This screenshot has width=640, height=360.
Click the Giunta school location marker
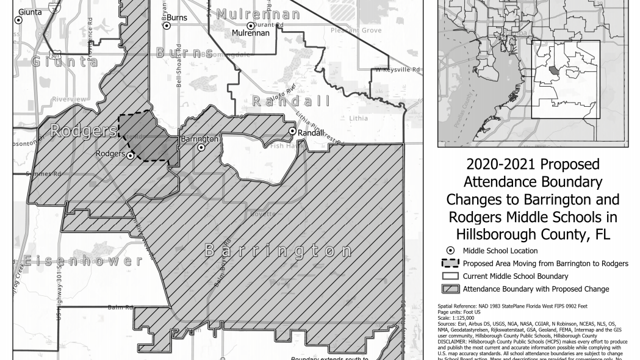coord(18,20)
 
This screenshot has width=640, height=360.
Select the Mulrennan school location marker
coord(250,26)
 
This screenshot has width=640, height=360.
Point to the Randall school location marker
coord(293,131)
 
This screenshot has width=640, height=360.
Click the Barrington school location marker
coord(201,147)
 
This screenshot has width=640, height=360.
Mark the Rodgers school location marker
coord(131,156)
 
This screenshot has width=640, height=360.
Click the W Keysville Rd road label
coord(398,70)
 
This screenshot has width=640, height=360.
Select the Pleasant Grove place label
coord(356,31)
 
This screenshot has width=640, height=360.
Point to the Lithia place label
coord(358,118)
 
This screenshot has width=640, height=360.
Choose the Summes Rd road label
coord(43,174)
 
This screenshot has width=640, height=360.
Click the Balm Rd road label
coord(120,307)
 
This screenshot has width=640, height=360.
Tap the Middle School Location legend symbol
coord(450,251)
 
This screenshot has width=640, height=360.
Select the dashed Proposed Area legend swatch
coord(450,264)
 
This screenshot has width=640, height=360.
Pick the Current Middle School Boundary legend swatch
coord(450,276)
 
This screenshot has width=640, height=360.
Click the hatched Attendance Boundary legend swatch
coord(450,289)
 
